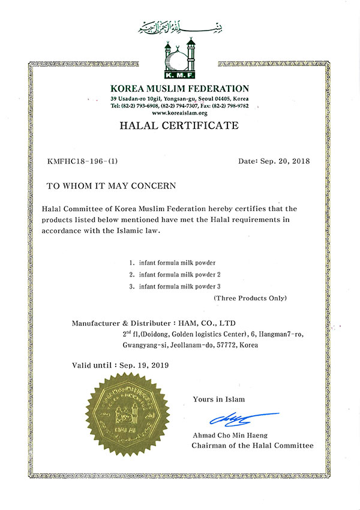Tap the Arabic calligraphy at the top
[x=179, y=26]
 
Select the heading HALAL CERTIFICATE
[x=180, y=126]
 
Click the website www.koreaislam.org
[x=180, y=113]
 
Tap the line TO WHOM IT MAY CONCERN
[x=111, y=186]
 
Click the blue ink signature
[x=240, y=416]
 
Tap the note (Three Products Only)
[x=250, y=298]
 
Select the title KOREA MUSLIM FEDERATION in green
[x=180, y=89]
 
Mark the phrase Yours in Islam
[x=218, y=399]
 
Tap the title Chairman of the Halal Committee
[x=252, y=446]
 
